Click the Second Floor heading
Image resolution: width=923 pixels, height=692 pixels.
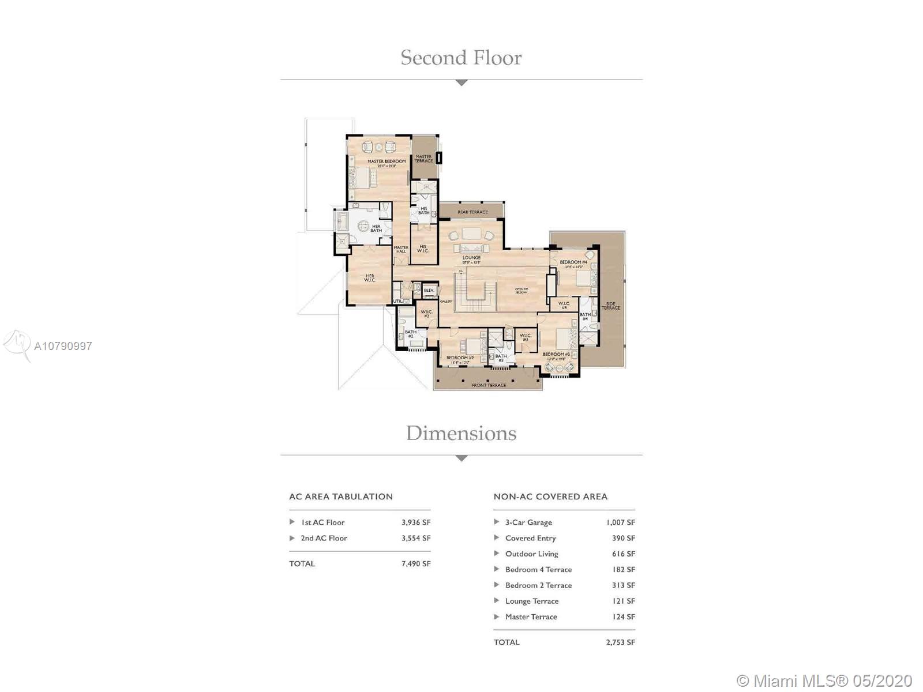tap(461, 58)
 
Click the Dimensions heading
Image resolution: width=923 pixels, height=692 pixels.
tap(461, 433)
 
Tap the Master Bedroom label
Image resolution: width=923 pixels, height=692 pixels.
tap(387, 161)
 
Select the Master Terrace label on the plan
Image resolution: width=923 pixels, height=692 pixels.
tap(423, 159)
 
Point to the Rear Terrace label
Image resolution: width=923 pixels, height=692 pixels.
tap(472, 212)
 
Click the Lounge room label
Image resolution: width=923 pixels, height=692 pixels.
tap(471, 258)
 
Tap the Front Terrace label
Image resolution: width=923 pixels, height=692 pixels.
tap(489, 385)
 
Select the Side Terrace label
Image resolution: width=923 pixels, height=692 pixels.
tap(611, 306)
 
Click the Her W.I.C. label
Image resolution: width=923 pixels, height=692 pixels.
tap(370, 278)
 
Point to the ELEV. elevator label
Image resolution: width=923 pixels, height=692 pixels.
tap(429, 290)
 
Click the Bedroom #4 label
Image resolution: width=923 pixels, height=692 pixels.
tap(573, 262)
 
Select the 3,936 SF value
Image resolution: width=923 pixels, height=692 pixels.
tap(416, 522)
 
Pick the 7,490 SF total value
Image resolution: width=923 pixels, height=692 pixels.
tap(416, 564)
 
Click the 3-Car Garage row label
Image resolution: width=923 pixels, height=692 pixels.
tap(528, 522)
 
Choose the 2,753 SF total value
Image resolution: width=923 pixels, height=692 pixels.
tap(620, 642)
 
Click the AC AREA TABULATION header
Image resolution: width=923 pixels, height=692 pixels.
tap(341, 497)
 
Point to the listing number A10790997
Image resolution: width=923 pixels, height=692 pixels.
tap(63, 346)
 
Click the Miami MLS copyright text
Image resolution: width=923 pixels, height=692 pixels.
tap(824, 680)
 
